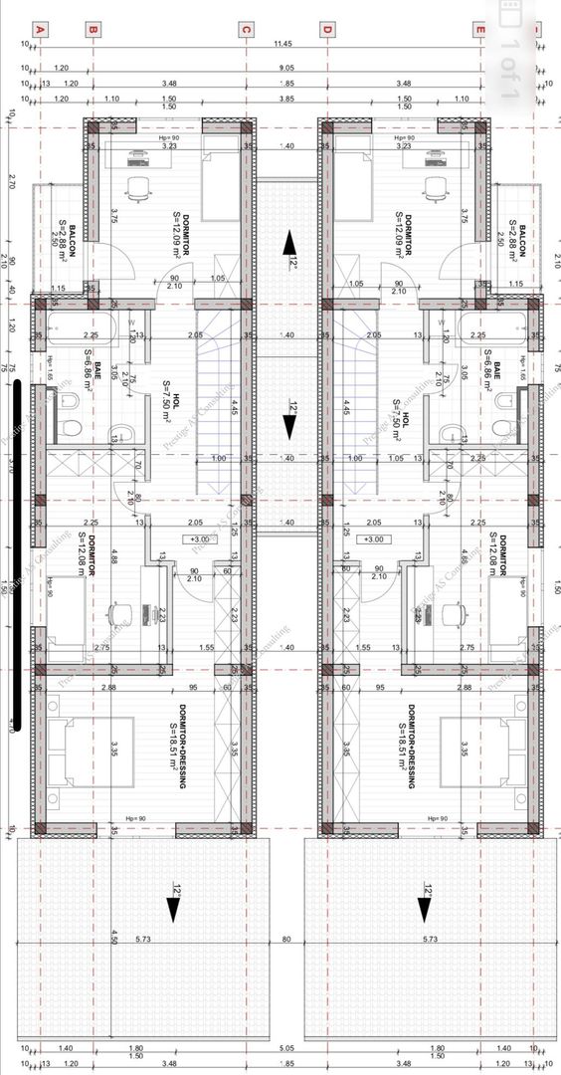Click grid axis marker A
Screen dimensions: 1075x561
(40, 30)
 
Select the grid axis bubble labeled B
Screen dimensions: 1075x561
(92, 30)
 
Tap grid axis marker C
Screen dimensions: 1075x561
(245, 30)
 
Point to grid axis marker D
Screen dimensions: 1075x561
(325, 30)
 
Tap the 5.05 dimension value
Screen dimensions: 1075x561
(286, 1048)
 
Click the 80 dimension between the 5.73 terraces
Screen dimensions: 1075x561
(286, 939)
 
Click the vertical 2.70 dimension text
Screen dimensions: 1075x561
(11, 182)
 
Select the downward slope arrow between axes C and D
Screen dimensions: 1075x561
(288, 425)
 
